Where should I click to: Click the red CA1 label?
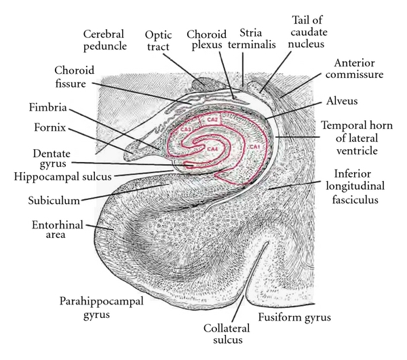point(256,146)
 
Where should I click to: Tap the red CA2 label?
point(212,120)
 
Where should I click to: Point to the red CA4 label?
point(212,148)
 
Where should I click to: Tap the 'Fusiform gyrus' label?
point(292,316)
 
